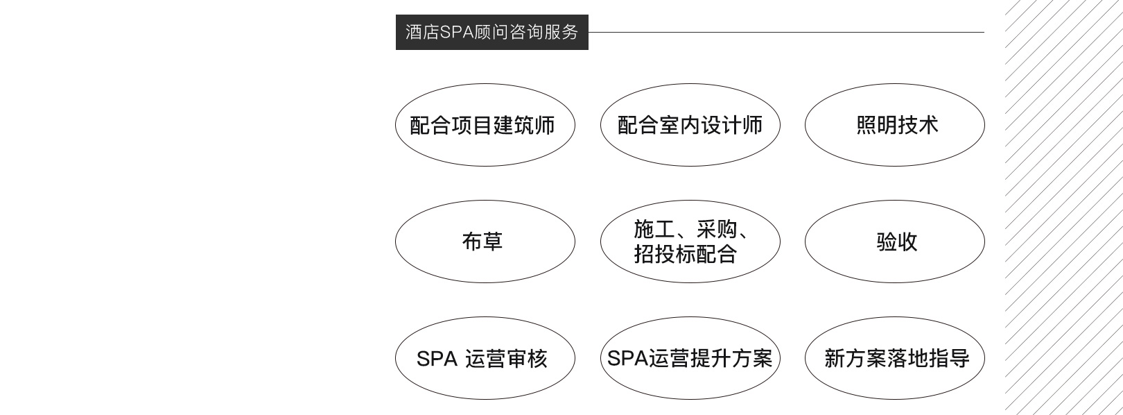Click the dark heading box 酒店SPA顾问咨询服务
(x=491, y=32)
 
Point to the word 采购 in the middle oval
(x=717, y=229)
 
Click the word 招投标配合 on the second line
(x=686, y=254)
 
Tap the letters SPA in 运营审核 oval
(x=437, y=359)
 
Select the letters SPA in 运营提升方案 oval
(x=627, y=358)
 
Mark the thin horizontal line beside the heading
(x=786, y=32)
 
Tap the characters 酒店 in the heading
(x=422, y=32)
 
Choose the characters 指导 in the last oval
(x=949, y=358)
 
